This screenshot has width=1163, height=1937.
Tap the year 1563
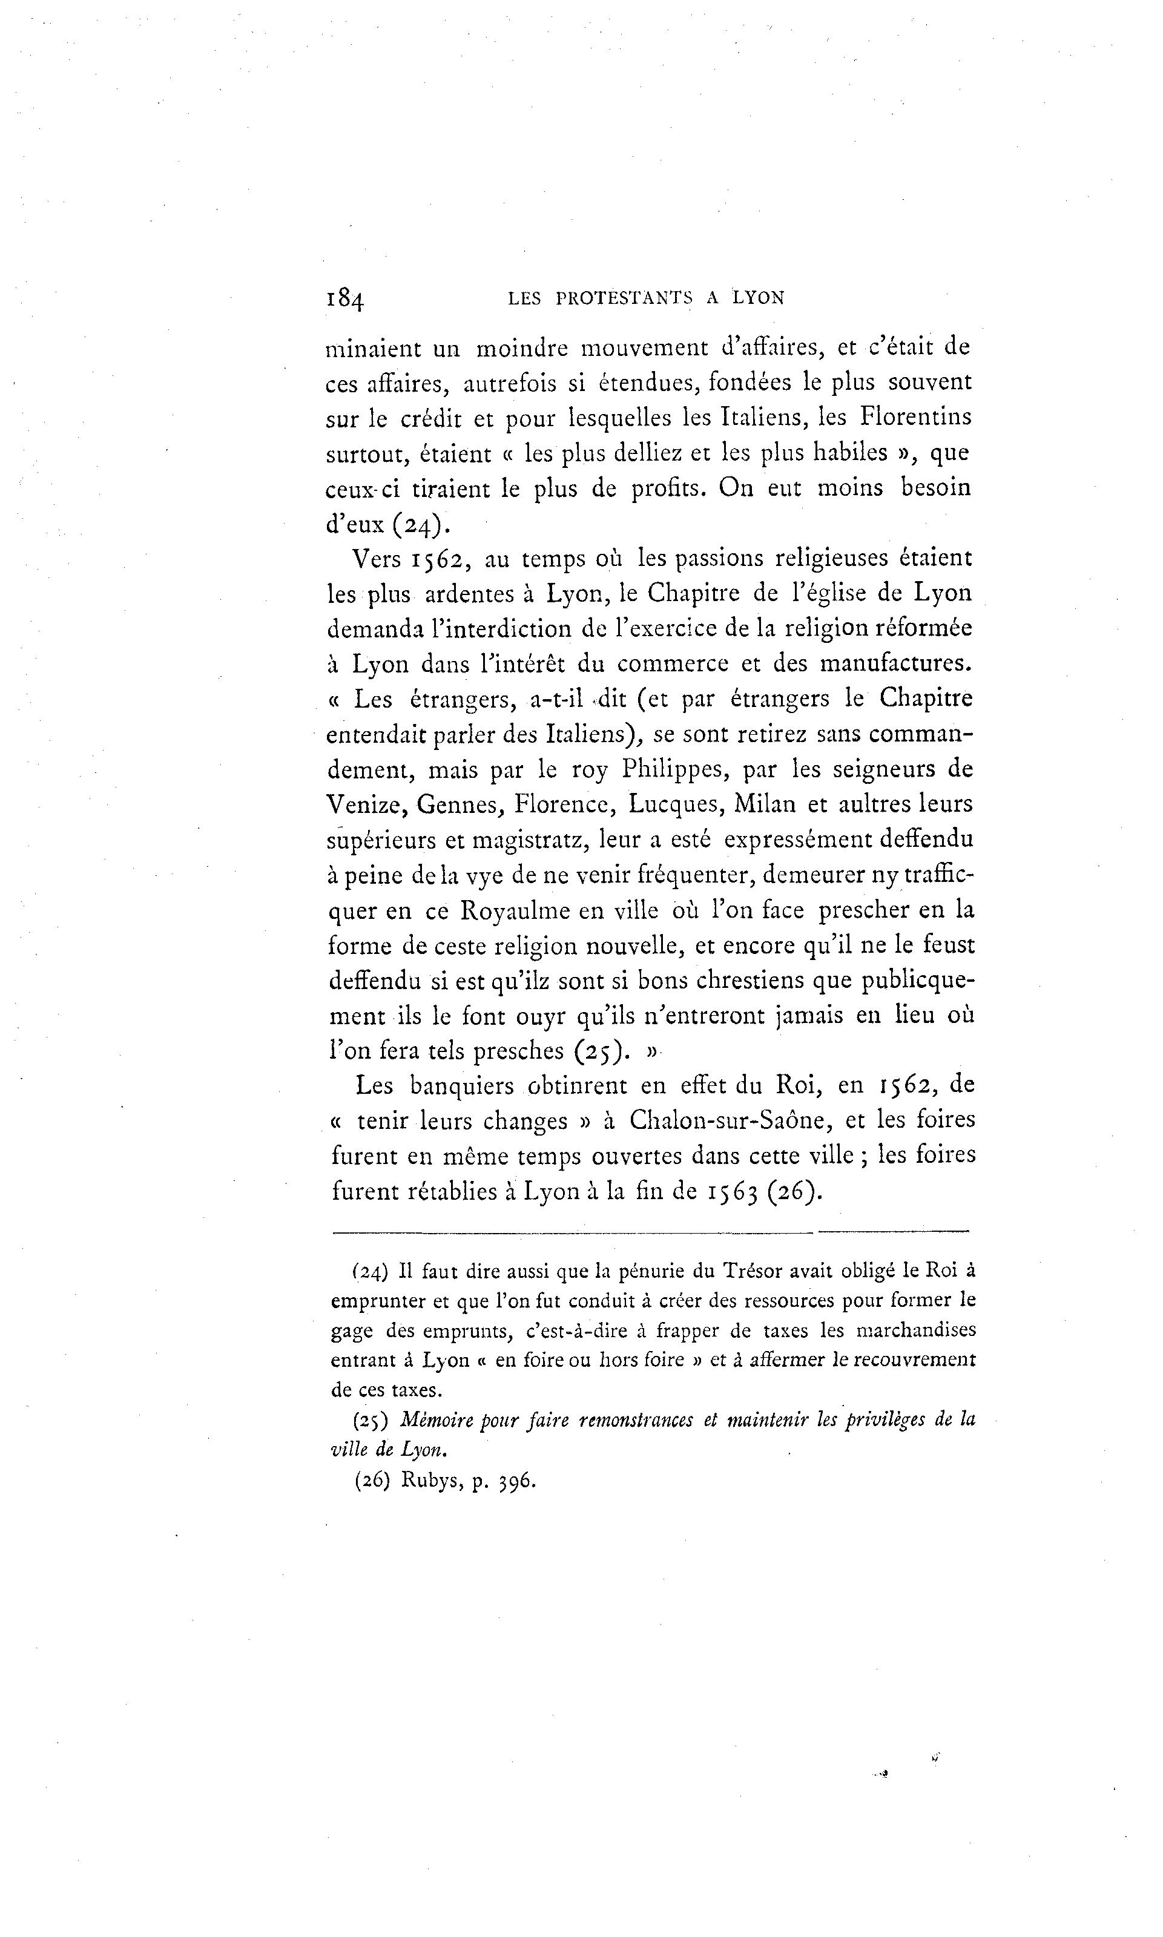[x=732, y=1192]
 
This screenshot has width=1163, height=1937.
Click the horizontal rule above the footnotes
[x=650, y=1231]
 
